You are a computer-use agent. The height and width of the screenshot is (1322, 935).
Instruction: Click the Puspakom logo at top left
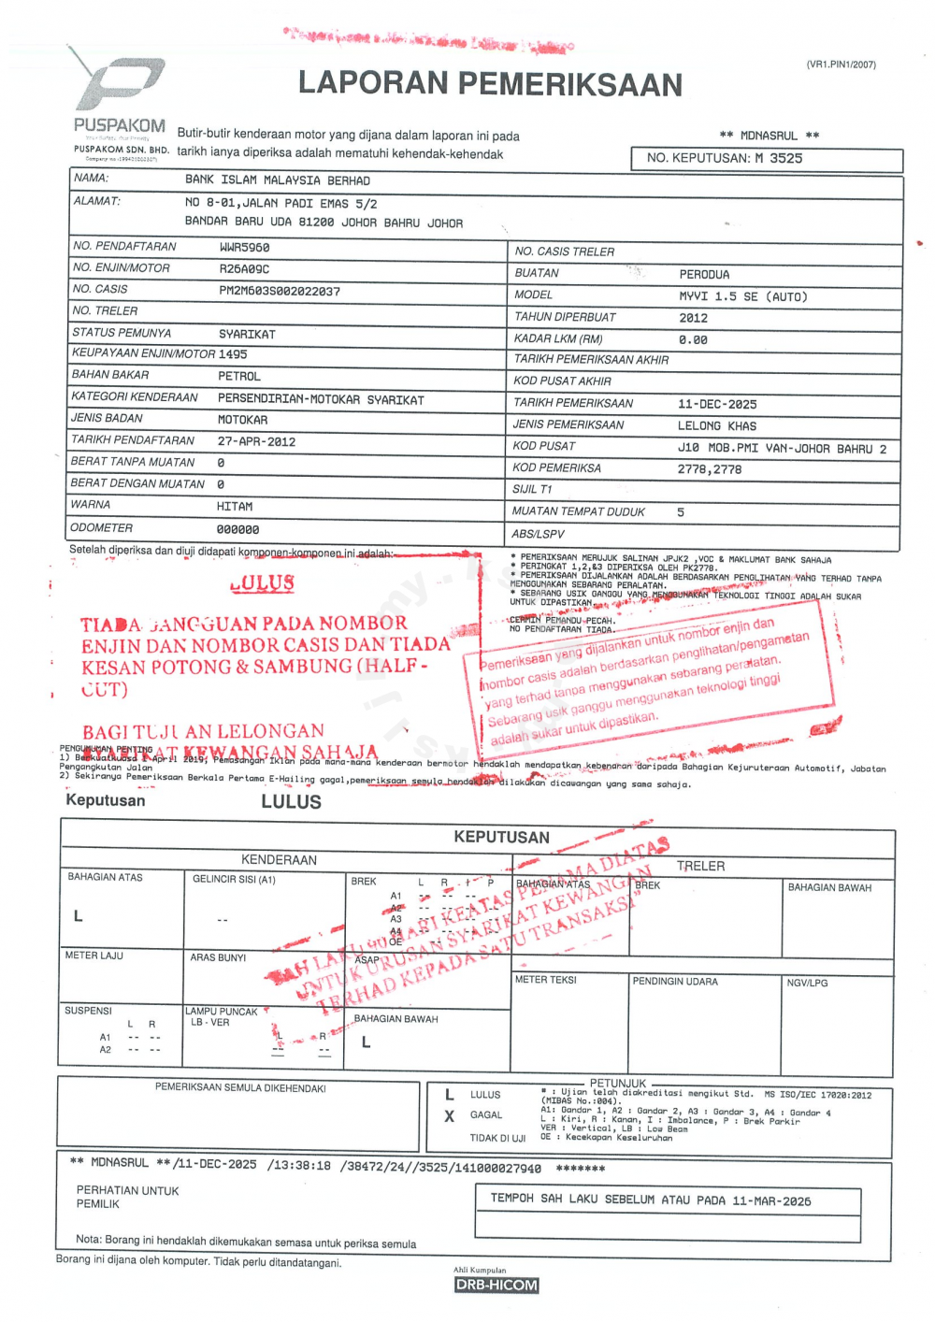pyautogui.click(x=120, y=93)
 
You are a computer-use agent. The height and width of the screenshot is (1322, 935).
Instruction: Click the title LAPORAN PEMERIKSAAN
pyautogui.click(x=490, y=84)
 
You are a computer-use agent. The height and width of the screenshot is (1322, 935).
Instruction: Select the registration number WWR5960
pyautogui.click(x=244, y=248)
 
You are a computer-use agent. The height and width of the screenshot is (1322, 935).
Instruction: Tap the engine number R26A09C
pyautogui.click(x=244, y=269)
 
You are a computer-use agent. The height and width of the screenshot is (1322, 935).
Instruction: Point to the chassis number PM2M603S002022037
pyautogui.click(x=280, y=291)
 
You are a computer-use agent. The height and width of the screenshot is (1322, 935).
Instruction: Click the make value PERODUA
pyautogui.click(x=704, y=275)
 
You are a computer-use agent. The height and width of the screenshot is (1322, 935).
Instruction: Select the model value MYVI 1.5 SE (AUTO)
pyautogui.click(x=742, y=296)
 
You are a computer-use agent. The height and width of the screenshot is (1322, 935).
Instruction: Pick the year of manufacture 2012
pyautogui.click(x=693, y=318)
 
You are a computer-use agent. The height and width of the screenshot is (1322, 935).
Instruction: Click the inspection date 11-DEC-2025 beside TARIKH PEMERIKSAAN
pyautogui.click(x=717, y=405)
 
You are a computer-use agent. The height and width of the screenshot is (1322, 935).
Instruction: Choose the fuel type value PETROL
pyautogui.click(x=239, y=376)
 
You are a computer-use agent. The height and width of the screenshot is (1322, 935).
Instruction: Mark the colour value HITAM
pyautogui.click(x=235, y=507)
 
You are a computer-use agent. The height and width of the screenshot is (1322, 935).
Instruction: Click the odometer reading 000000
pyautogui.click(x=238, y=529)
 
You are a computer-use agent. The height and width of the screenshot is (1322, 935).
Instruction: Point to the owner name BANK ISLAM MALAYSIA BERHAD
pyautogui.click(x=278, y=180)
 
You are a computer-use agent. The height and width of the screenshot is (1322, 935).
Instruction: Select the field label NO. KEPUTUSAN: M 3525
pyautogui.click(x=725, y=159)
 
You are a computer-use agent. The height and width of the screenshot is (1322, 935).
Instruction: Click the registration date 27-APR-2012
pyautogui.click(x=256, y=441)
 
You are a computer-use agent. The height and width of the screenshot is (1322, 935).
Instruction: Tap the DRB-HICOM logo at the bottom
pyautogui.click(x=496, y=1285)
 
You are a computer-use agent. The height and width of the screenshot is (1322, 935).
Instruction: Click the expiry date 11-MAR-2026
pyautogui.click(x=771, y=1201)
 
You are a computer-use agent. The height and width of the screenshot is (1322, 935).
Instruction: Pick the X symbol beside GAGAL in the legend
pyautogui.click(x=450, y=1115)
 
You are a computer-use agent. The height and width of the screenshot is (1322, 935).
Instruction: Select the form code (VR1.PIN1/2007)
pyautogui.click(x=841, y=65)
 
